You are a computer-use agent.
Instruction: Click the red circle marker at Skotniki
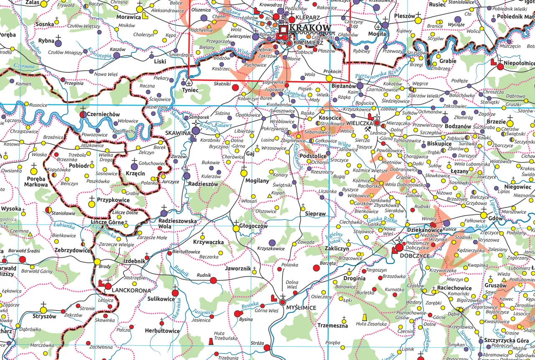click(235, 87)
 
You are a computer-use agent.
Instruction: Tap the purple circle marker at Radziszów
click(187, 176)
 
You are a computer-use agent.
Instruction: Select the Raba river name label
click(478, 228)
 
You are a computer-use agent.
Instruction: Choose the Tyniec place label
click(189, 90)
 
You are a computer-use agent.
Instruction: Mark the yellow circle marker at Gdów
click(484, 215)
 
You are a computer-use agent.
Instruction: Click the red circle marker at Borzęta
click(316, 268)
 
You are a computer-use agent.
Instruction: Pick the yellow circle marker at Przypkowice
click(92, 204)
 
